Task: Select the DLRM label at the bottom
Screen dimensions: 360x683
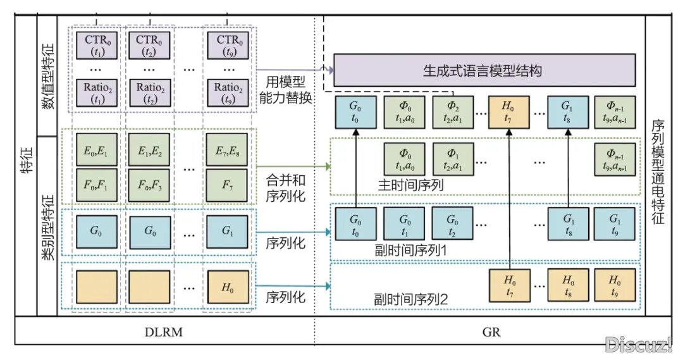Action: pyautogui.click(x=164, y=332)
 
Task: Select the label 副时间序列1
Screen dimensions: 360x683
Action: pyautogui.click(x=410, y=250)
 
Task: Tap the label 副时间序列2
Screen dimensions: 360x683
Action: pyautogui.click(x=410, y=298)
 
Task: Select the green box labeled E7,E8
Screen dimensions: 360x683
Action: pyautogui.click(x=227, y=149)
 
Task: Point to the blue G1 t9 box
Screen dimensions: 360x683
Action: pyautogui.click(x=613, y=224)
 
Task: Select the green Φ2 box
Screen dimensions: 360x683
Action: pyautogui.click(x=451, y=112)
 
